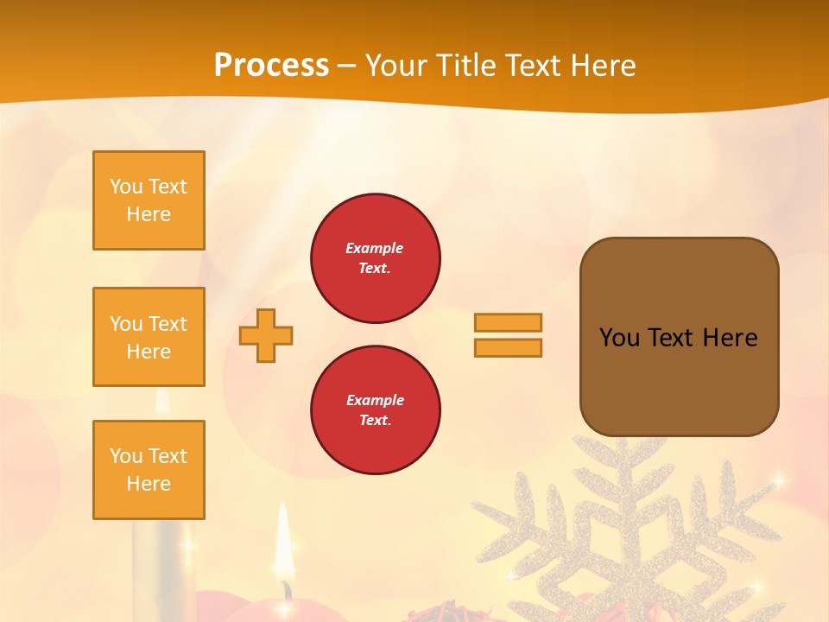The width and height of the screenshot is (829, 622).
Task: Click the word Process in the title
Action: point(271,66)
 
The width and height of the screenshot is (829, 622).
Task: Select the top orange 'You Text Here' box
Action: point(149,200)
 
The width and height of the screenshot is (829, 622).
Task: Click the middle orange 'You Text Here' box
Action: point(149,337)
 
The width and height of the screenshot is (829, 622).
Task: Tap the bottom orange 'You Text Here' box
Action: point(149,470)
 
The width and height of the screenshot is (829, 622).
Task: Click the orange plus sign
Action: point(266,335)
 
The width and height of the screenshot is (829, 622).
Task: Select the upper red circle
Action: point(376,258)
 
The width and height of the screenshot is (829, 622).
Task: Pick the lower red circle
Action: point(376,410)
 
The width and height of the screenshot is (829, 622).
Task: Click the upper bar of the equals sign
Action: point(509,323)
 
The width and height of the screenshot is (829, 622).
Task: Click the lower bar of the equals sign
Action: point(509,348)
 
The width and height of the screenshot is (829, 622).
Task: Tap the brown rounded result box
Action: point(680,380)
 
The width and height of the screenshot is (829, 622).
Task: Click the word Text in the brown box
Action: point(671,338)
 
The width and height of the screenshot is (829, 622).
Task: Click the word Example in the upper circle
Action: point(375,249)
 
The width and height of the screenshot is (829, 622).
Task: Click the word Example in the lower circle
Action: point(375,401)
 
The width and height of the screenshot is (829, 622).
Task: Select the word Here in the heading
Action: point(603,66)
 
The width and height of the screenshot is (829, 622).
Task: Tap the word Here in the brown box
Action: point(730,338)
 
